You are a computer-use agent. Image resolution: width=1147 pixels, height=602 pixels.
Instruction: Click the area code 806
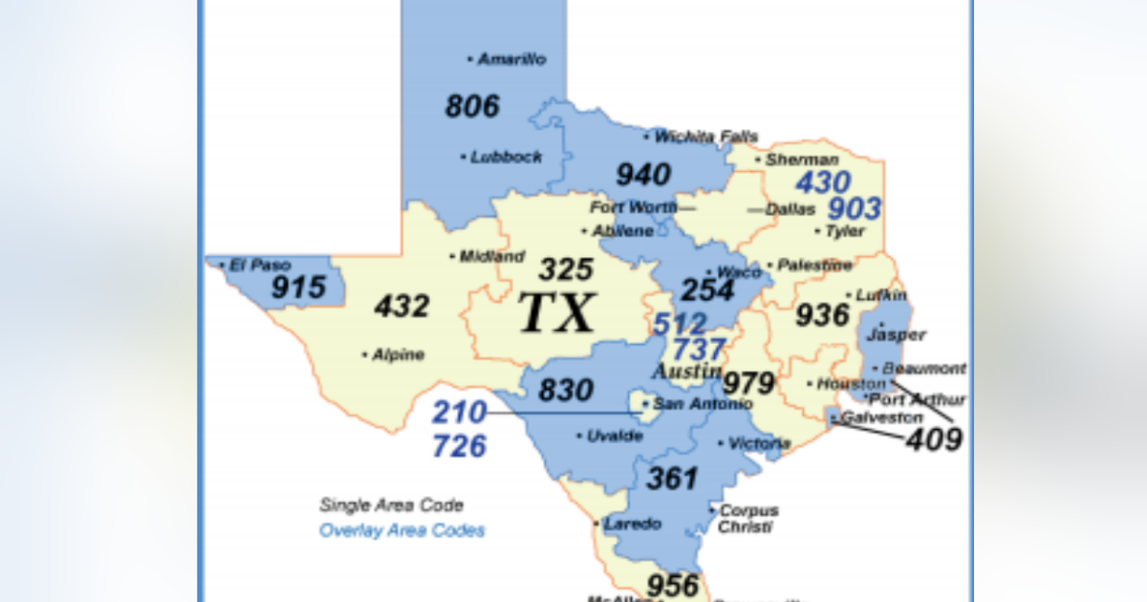[472, 106]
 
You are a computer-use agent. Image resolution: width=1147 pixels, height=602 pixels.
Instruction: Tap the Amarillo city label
[511, 59]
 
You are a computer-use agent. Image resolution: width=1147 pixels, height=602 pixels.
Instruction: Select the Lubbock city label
[506, 157]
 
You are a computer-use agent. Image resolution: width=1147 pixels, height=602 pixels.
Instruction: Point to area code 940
[642, 175]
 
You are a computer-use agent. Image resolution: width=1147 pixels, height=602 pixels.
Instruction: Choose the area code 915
[298, 287]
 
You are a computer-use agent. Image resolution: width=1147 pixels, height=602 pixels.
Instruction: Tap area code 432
[401, 307]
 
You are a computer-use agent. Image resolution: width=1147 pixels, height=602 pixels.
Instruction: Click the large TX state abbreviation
[557, 313]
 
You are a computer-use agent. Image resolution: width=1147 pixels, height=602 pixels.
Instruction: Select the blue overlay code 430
[822, 182]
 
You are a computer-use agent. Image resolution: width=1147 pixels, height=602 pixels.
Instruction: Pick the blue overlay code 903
[854, 208]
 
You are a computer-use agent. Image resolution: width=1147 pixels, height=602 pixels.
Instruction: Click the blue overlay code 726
[459, 445]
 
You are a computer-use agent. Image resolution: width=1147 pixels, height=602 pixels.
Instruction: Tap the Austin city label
[686, 371]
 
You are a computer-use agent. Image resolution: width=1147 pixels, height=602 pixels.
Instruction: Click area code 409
[934, 440]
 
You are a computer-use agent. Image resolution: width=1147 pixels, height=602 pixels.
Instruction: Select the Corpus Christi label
[747, 519]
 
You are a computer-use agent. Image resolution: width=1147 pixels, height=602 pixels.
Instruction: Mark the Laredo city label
[632, 524]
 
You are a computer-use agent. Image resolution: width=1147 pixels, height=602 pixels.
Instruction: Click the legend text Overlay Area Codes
[402, 530]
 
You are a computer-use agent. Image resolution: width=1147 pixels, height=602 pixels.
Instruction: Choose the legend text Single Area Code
[391, 505]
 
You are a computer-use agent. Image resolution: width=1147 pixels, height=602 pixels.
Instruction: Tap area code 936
[822, 314]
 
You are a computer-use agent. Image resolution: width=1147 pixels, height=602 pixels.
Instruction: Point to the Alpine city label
[397, 355]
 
